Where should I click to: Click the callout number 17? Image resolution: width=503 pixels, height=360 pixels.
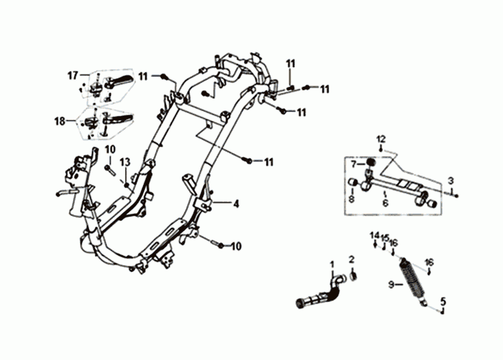[73, 76]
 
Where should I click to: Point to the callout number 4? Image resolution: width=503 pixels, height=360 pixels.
[236, 204]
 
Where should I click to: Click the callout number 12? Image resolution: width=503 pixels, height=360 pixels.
[380, 138]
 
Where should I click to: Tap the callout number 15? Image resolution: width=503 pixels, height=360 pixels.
[384, 238]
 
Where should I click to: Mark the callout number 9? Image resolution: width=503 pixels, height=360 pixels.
[390, 284]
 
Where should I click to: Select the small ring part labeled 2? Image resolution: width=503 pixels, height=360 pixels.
[354, 274]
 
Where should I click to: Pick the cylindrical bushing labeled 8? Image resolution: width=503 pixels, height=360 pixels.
[354, 184]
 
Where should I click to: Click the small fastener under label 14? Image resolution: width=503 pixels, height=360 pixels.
[375, 246]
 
